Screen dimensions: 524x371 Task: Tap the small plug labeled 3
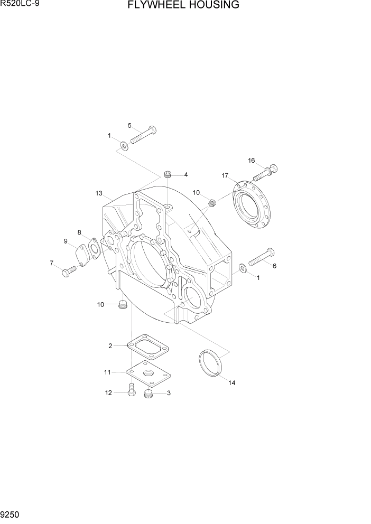(x=149, y=394)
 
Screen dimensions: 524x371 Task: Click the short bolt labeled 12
(x=131, y=391)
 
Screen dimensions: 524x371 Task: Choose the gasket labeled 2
(x=148, y=347)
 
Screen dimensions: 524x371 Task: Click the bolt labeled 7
(x=68, y=272)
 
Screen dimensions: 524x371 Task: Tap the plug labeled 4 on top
(x=168, y=174)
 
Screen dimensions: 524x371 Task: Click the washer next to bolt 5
(x=123, y=146)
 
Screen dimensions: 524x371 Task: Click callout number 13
(x=98, y=193)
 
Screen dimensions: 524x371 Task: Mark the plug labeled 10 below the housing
(x=123, y=305)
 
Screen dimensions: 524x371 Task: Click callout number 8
(x=79, y=232)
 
